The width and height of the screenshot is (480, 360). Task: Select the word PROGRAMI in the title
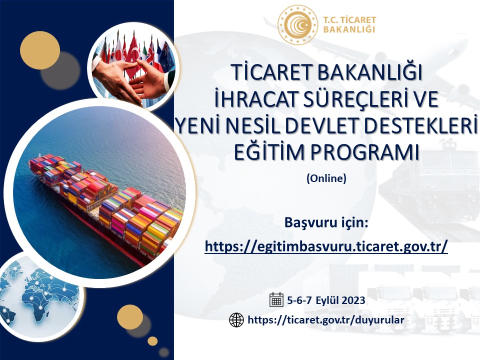(x=364, y=152)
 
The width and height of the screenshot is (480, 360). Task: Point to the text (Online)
(x=326, y=178)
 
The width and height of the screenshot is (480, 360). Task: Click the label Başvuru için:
(x=326, y=222)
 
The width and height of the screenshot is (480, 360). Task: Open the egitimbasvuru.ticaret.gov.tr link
(x=326, y=246)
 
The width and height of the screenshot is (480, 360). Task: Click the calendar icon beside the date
(x=276, y=299)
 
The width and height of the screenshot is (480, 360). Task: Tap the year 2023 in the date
(x=353, y=300)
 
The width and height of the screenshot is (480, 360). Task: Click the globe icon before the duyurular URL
(x=236, y=320)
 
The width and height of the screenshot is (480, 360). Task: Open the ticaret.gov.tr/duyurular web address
(x=325, y=320)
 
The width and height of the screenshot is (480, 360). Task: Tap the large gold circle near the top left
(x=40, y=50)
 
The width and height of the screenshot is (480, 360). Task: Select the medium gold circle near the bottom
(x=130, y=317)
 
